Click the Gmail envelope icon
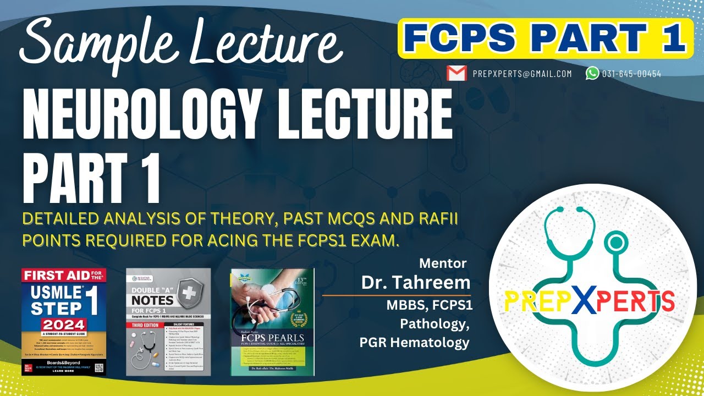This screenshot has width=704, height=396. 457,73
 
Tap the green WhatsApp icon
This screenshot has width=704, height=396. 592,73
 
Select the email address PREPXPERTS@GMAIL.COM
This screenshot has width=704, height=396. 522,74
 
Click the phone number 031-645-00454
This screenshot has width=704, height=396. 631,74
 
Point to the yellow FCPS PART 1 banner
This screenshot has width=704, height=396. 545,38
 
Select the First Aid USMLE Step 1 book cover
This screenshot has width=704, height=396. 63,322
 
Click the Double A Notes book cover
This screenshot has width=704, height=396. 168,322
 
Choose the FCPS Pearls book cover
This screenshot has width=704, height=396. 272,322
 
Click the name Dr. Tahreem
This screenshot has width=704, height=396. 416,283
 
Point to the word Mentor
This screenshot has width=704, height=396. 443,263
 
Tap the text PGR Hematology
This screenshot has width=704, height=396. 414,343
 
